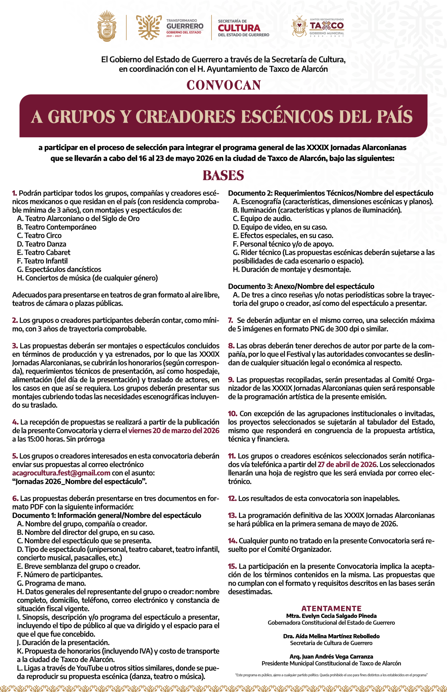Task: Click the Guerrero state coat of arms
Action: coord(107,26)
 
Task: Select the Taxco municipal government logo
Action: coord(318,27)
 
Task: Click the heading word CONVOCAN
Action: coord(223,85)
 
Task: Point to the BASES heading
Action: coord(223,175)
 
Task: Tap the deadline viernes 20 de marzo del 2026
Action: coord(174,430)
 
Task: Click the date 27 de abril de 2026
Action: coord(347,464)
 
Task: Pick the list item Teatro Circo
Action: coord(39,235)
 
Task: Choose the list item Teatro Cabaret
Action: coord(43,252)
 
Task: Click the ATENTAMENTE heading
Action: coord(331,608)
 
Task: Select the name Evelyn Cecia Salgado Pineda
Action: coord(331,616)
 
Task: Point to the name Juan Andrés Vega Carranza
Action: coord(331,657)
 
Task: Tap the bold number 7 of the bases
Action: coord(231,320)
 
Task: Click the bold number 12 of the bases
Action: coord(232,498)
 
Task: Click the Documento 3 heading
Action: coord(301,286)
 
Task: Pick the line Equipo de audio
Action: coord(262,219)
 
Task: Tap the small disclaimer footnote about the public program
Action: coord(331,675)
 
